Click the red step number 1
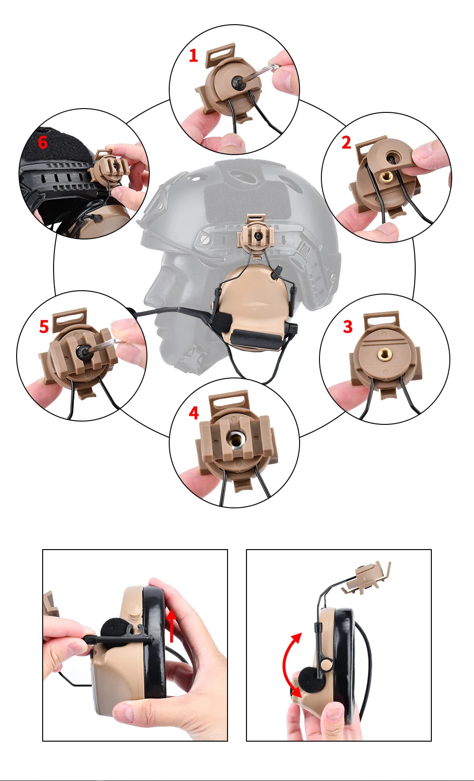pyautogui.click(x=193, y=56)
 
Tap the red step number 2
pyautogui.click(x=346, y=143)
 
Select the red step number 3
pyautogui.click(x=347, y=327)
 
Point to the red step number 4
pyautogui.click(x=194, y=413)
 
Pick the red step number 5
pyautogui.click(x=44, y=327)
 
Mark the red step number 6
pyautogui.click(x=43, y=142)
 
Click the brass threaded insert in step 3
pyautogui.click(x=385, y=354)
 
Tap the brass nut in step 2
pyautogui.click(x=386, y=177)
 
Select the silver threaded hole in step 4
pyautogui.click(x=233, y=440)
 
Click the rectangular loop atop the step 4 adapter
pyautogui.click(x=229, y=400)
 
